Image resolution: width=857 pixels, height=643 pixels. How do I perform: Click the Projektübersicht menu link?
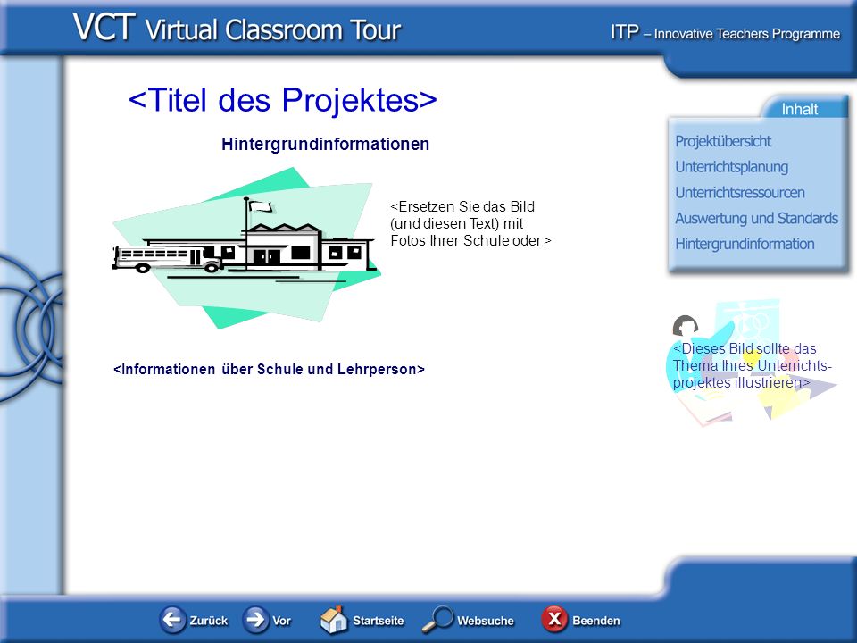723,141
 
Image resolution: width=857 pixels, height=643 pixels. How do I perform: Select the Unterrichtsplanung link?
731,167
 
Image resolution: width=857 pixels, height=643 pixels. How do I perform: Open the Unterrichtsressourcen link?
740,193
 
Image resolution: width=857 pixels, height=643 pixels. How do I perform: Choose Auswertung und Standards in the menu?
756,218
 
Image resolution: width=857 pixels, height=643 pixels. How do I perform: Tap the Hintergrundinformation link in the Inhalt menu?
745,244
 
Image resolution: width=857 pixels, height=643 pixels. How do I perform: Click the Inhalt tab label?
800,109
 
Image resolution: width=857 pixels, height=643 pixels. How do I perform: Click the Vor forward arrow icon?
255,620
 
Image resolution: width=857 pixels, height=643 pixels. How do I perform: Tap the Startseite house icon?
334,620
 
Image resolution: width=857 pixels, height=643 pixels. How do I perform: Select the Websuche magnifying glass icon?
437,620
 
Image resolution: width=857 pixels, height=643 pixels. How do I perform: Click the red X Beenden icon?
554,619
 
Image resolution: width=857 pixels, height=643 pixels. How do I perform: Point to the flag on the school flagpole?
260,206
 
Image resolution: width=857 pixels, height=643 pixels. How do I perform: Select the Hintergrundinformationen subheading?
325,145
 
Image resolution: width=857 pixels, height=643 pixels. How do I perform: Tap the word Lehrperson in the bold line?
381,369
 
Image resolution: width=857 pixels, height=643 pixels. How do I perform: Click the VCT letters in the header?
104,27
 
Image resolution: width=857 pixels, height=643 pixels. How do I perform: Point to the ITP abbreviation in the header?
625,32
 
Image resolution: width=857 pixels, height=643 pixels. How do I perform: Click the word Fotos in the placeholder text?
408,240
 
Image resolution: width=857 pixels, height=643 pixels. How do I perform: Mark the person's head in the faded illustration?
685,326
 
